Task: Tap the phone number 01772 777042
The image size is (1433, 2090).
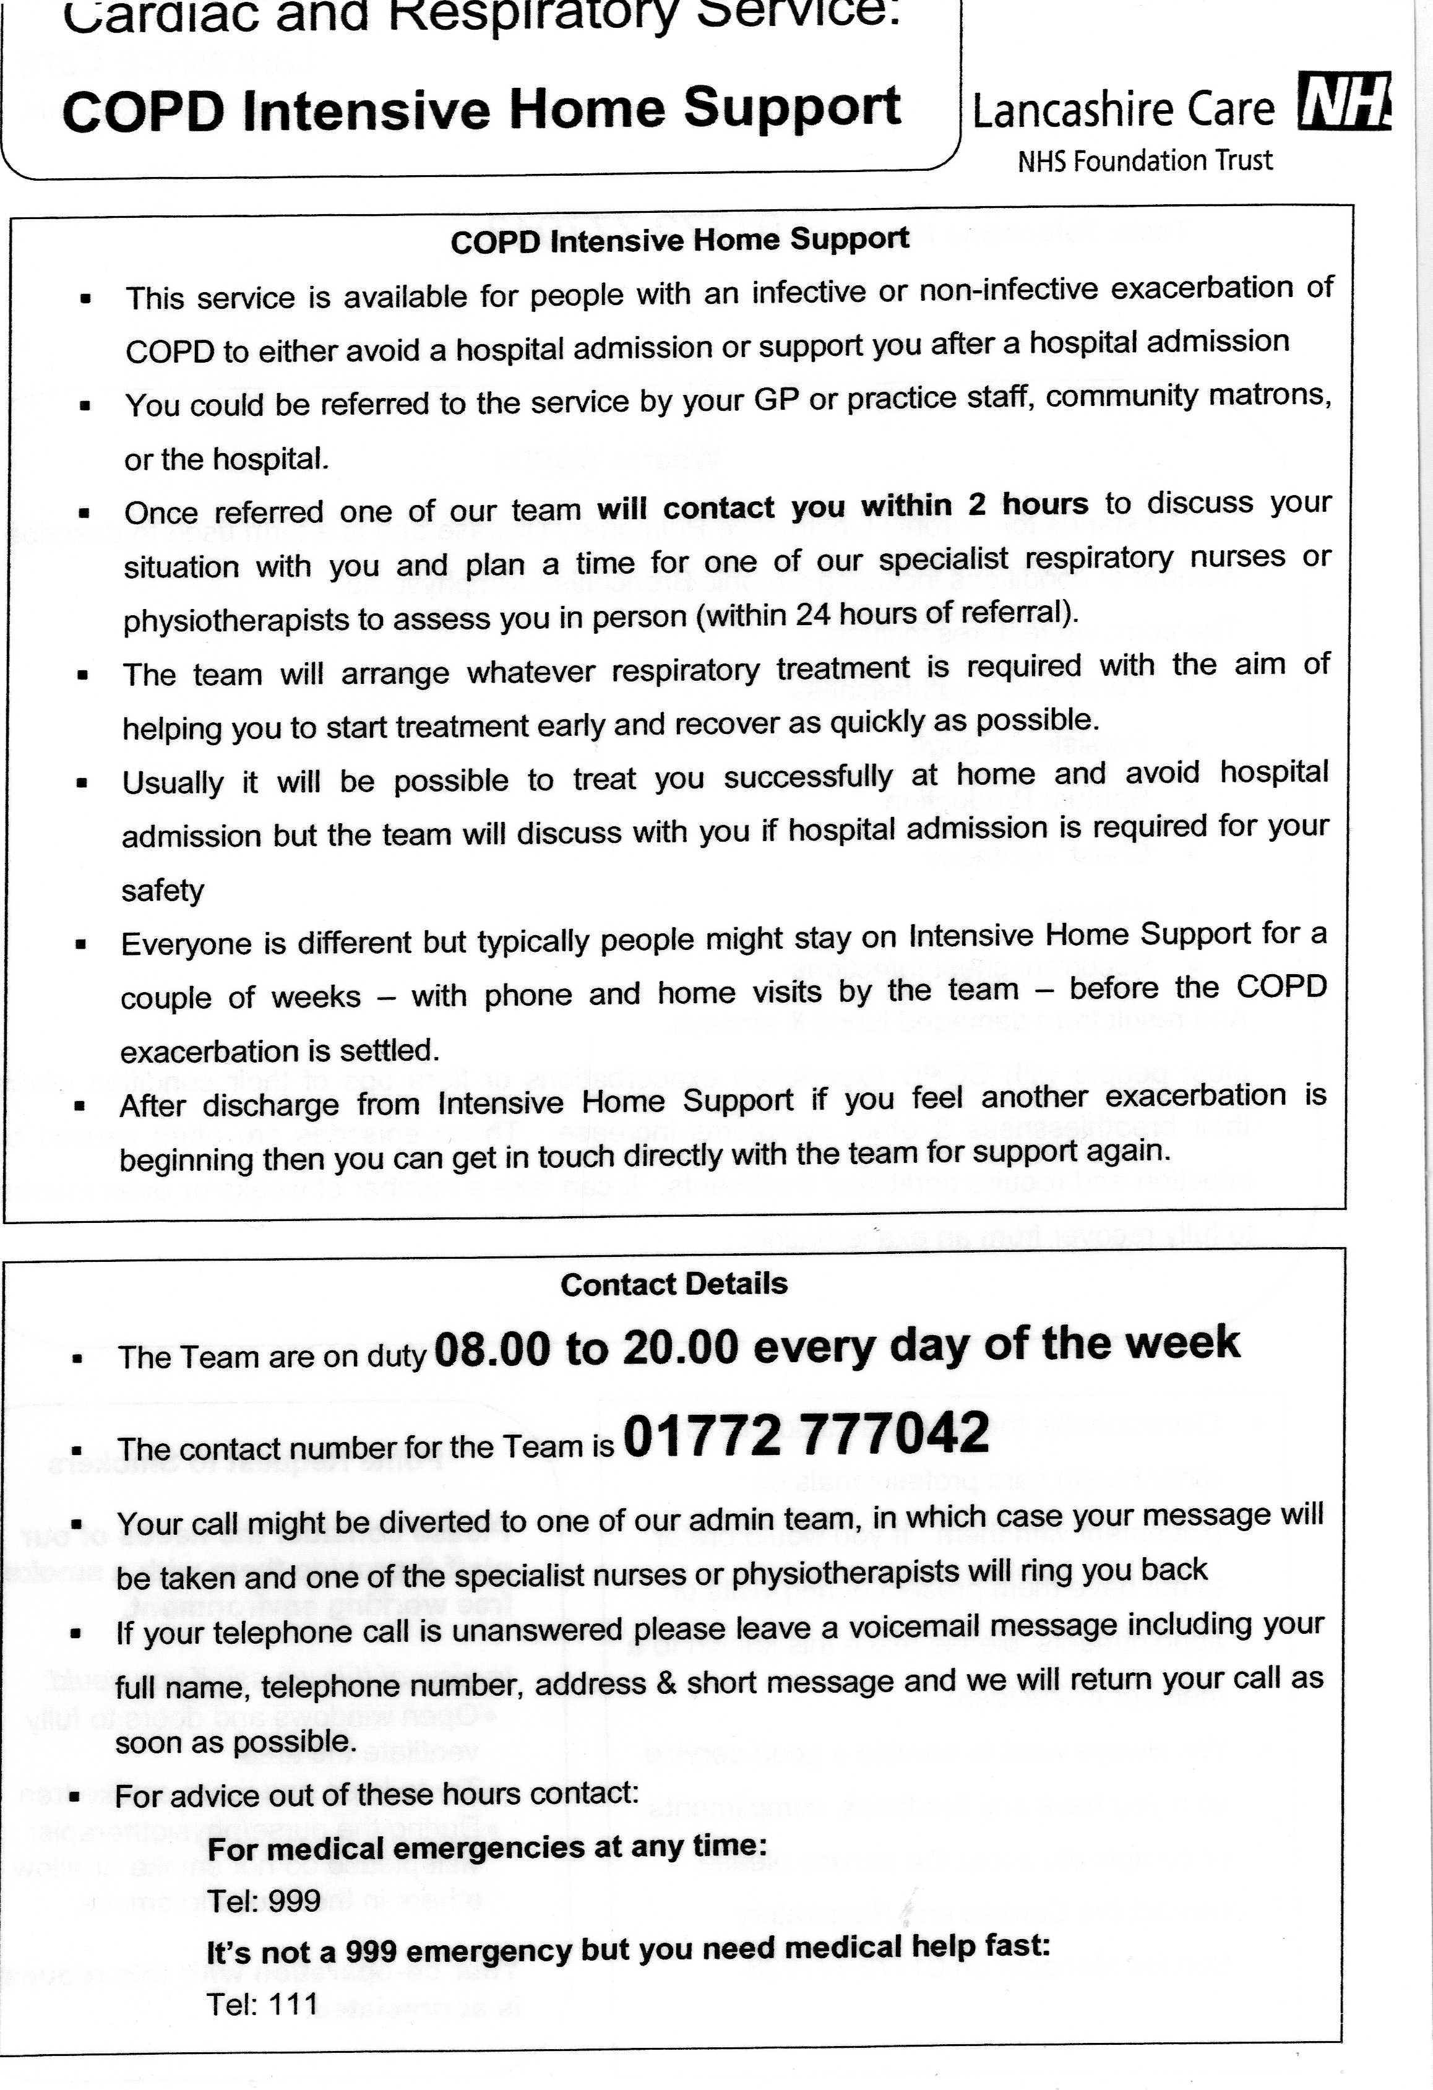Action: click(806, 1435)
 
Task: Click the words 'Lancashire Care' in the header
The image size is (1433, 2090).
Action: click(1123, 110)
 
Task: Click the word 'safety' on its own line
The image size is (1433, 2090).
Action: click(163, 891)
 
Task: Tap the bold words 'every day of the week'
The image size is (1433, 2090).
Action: click(996, 1344)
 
